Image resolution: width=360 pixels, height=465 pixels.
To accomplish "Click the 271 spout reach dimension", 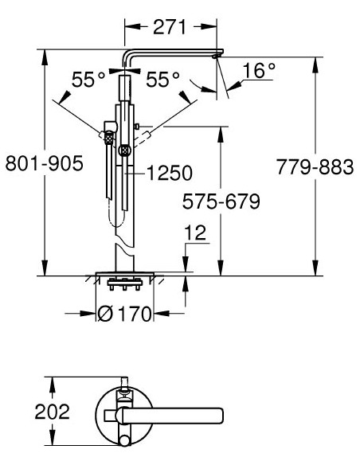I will (x=171, y=26).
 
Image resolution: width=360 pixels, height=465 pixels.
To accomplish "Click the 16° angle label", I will (x=259, y=71).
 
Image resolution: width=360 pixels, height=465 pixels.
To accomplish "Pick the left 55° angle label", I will (x=88, y=80).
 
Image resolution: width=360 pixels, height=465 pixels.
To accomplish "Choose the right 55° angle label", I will (x=164, y=80).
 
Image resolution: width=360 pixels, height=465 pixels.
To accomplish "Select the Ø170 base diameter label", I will (x=123, y=314).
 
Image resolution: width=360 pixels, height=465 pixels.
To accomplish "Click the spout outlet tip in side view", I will (x=216, y=57).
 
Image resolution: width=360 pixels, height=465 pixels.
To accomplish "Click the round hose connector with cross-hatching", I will (x=123, y=149).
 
